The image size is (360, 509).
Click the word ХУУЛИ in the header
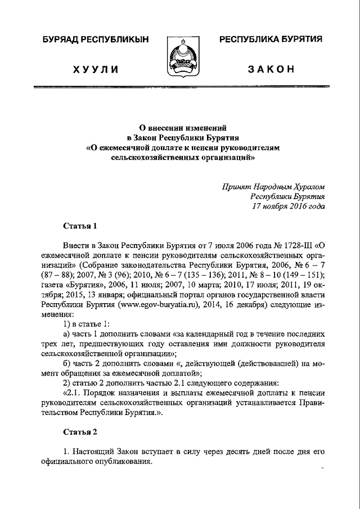tap(96, 69)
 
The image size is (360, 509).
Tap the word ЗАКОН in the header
tap(271, 69)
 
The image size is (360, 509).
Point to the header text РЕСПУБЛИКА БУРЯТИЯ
tap(271, 39)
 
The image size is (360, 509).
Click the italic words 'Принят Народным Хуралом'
tap(273, 186)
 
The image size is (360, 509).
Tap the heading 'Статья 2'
tap(80, 432)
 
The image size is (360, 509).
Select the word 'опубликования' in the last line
tap(124, 462)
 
